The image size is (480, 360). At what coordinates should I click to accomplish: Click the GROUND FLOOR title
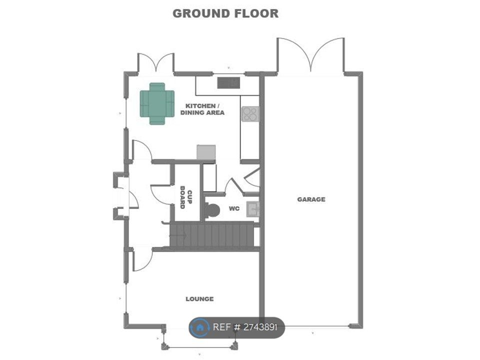pyautogui.click(x=225, y=13)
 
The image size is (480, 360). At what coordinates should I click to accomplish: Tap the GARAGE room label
pyautogui.click(x=311, y=199)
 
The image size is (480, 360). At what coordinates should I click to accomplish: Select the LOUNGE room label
pyautogui.click(x=199, y=299)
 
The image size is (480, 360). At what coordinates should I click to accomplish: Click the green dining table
pyautogui.click(x=157, y=103)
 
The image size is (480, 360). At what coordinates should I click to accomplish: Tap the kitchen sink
pyautogui.click(x=228, y=82)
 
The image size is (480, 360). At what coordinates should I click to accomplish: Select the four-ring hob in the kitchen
pyautogui.click(x=250, y=114)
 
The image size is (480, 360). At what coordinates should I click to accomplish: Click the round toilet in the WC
pyautogui.click(x=212, y=210)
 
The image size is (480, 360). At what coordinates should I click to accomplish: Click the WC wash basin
pyautogui.click(x=253, y=209)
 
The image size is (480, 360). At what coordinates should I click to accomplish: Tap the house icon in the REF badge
pyautogui.click(x=200, y=328)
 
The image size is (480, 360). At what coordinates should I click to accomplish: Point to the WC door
pyautogui.click(x=234, y=185)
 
